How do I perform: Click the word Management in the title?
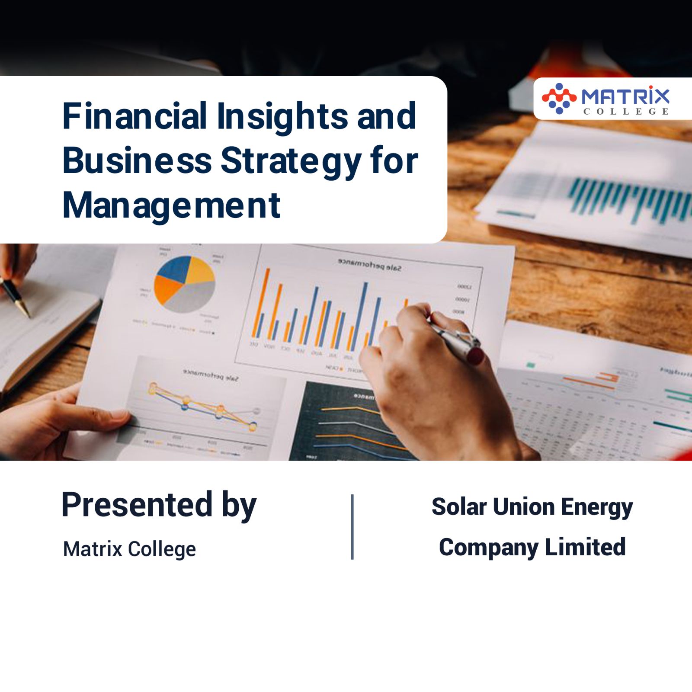[172, 205]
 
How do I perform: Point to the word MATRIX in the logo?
[625, 96]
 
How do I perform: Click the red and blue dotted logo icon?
[559, 99]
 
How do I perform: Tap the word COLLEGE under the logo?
[626, 112]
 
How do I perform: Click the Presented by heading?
[159, 505]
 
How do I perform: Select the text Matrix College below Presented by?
[129, 549]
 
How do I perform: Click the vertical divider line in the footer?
[352, 527]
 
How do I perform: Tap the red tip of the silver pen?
[475, 356]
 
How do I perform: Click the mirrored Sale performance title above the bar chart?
[369, 265]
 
